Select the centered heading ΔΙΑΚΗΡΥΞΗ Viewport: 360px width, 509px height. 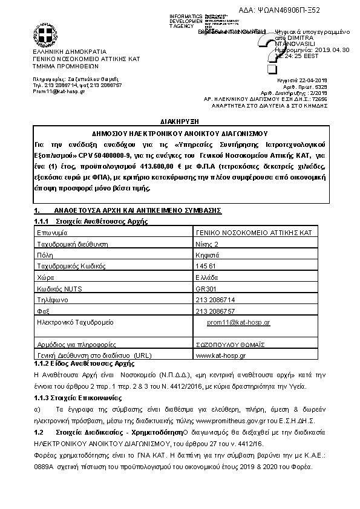tap(180, 121)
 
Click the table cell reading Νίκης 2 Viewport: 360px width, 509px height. tap(208, 244)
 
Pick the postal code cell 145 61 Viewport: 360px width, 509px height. tap(207, 265)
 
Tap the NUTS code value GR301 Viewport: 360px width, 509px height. tap(206, 288)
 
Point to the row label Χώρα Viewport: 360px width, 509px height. tap(47, 277)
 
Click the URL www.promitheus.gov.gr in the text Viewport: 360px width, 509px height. tap(231, 420)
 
